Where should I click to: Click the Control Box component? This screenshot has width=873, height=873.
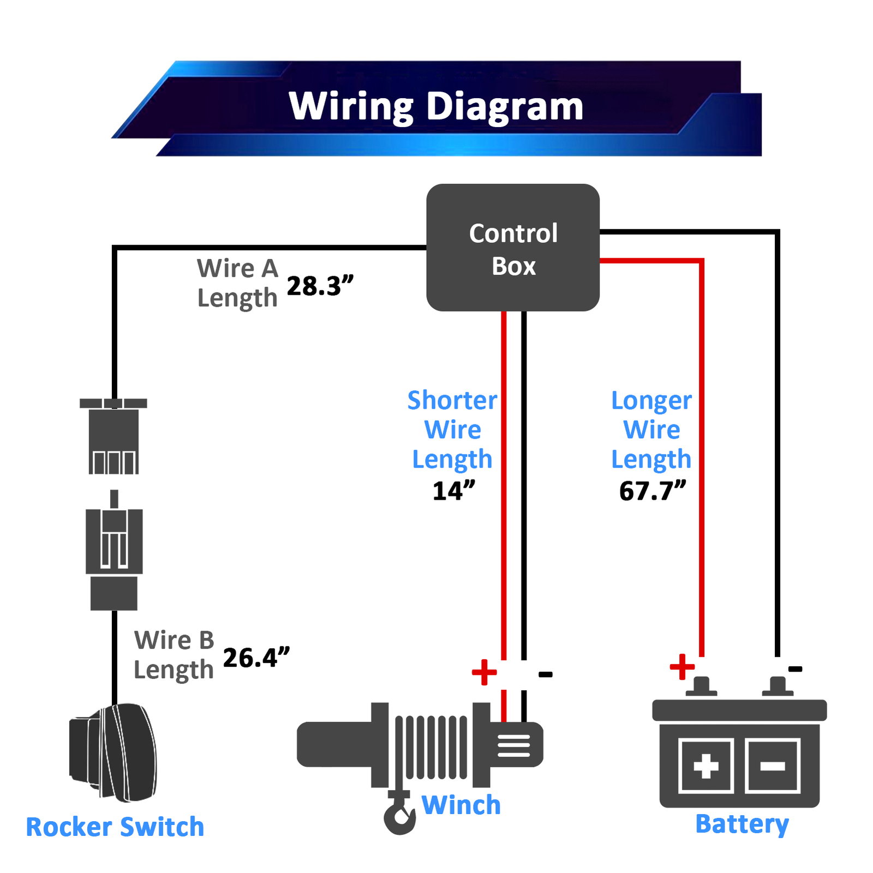[512, 248]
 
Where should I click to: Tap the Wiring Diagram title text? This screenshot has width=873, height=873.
[436, 106]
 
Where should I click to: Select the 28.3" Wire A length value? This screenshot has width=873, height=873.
[320, 286]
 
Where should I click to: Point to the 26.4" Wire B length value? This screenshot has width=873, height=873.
[256, 657]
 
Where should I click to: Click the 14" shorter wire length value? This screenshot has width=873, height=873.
[453, 491]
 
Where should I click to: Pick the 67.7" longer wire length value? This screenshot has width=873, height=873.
[652, 491]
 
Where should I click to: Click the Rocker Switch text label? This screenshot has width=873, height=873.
[115, 827]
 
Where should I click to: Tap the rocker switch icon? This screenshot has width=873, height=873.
[113, 753]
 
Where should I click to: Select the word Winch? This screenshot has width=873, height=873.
[461, 805]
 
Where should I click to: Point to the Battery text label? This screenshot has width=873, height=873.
[742, 824]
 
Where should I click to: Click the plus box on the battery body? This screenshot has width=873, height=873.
[705, 766]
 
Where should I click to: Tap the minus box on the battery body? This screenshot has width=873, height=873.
[773, 766]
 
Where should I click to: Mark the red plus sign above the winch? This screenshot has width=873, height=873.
[484, 672]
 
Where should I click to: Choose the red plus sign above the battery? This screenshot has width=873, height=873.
[682, 667]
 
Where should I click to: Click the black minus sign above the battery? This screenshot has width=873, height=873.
[795, 669]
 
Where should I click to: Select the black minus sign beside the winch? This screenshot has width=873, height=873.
[545, 675]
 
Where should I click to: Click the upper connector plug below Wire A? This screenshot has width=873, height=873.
[113, 436]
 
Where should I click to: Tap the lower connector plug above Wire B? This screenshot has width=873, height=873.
[114, 551]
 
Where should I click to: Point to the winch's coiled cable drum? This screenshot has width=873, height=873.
[431, 746]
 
